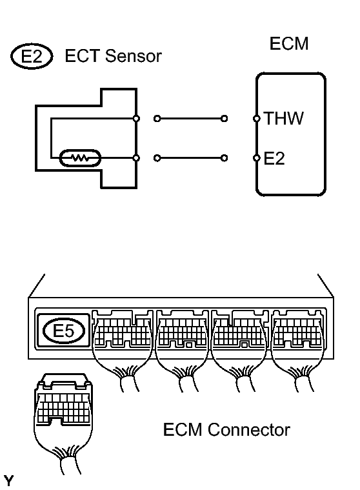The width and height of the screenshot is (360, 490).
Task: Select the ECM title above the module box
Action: click(288, 44)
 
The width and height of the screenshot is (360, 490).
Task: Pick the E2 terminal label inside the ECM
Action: click(274, 158)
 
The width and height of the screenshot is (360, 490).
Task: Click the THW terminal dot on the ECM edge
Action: click(257, 119)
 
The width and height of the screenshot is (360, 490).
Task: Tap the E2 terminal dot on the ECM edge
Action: click(257, 158)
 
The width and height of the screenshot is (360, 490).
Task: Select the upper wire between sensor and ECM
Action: click(190, 119)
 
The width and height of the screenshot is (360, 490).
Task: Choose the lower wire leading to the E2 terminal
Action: click(190, 158)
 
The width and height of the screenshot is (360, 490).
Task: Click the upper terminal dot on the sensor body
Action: click(137, 119)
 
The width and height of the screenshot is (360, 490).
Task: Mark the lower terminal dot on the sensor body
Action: click(137, 158)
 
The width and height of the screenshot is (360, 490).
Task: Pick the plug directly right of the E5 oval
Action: click(123, 332)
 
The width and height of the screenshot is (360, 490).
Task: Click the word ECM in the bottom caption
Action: click(185, 429)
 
